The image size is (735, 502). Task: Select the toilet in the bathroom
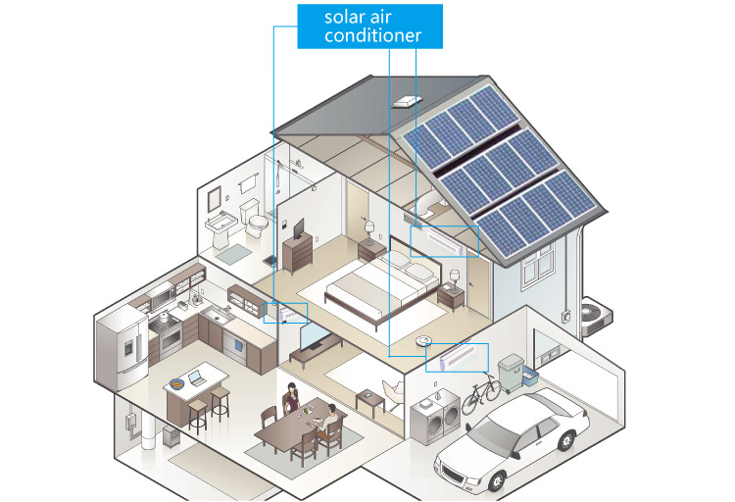[x=257, y=226]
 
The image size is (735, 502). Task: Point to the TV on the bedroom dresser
[x=297, y=229]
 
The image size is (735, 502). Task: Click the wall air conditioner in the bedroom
[x=437, y=238]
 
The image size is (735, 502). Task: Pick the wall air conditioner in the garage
[x=458, y=355]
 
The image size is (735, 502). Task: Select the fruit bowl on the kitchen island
[x=175, y=382]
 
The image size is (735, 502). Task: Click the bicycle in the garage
[x=481, y=394]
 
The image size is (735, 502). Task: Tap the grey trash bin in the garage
[x=510, y=375]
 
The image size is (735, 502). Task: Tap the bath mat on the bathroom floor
[x=234, y=253]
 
